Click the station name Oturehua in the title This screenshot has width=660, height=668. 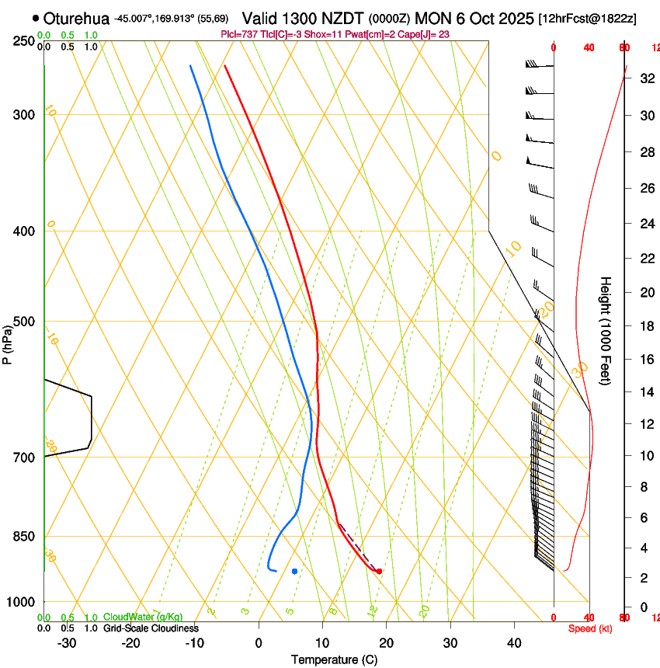click(77, 17)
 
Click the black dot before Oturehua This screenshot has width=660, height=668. click(36, 17)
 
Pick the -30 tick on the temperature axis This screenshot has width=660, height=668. click(67, 643)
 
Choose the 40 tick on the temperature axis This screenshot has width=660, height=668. click(514, 643)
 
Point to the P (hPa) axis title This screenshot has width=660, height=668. click(7, 342)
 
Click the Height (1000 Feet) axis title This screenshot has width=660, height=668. click(606, 330)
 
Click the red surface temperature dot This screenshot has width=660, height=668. click(379, 571)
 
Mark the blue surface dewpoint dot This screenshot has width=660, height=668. click(294, 571)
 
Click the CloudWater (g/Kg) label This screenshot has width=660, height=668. click(143, 617)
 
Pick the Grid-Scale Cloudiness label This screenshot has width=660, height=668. click(151, 628)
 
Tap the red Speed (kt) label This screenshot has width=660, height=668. click(590, 628)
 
